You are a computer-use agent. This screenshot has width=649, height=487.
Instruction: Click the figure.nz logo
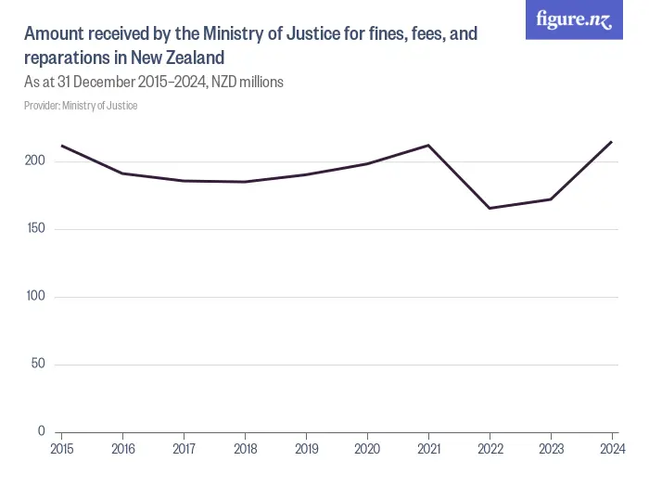(x=574, y=19)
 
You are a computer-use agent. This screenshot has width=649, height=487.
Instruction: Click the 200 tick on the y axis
(x=36, y=161)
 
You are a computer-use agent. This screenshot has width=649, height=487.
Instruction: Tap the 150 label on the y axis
(x=36, y=229)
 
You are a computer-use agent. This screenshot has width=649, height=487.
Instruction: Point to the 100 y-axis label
(x=36, y=297)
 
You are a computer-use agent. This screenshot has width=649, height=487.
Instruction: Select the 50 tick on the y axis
(x=39, y=364)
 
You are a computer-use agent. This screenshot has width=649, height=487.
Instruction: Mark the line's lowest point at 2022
(x=490, y=208)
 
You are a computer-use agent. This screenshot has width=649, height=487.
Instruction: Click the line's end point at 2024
(x=612, y=142)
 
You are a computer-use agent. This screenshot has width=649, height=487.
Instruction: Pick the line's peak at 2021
(x=428, y=145)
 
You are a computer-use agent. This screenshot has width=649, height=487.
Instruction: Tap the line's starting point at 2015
(x=61, y=146)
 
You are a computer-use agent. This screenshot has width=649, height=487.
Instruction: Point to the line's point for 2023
(x=551, y=199)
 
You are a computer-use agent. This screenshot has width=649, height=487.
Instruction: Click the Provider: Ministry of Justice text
(x=81, y=106)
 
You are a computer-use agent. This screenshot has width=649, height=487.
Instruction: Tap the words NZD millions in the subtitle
(x=248, y=82)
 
